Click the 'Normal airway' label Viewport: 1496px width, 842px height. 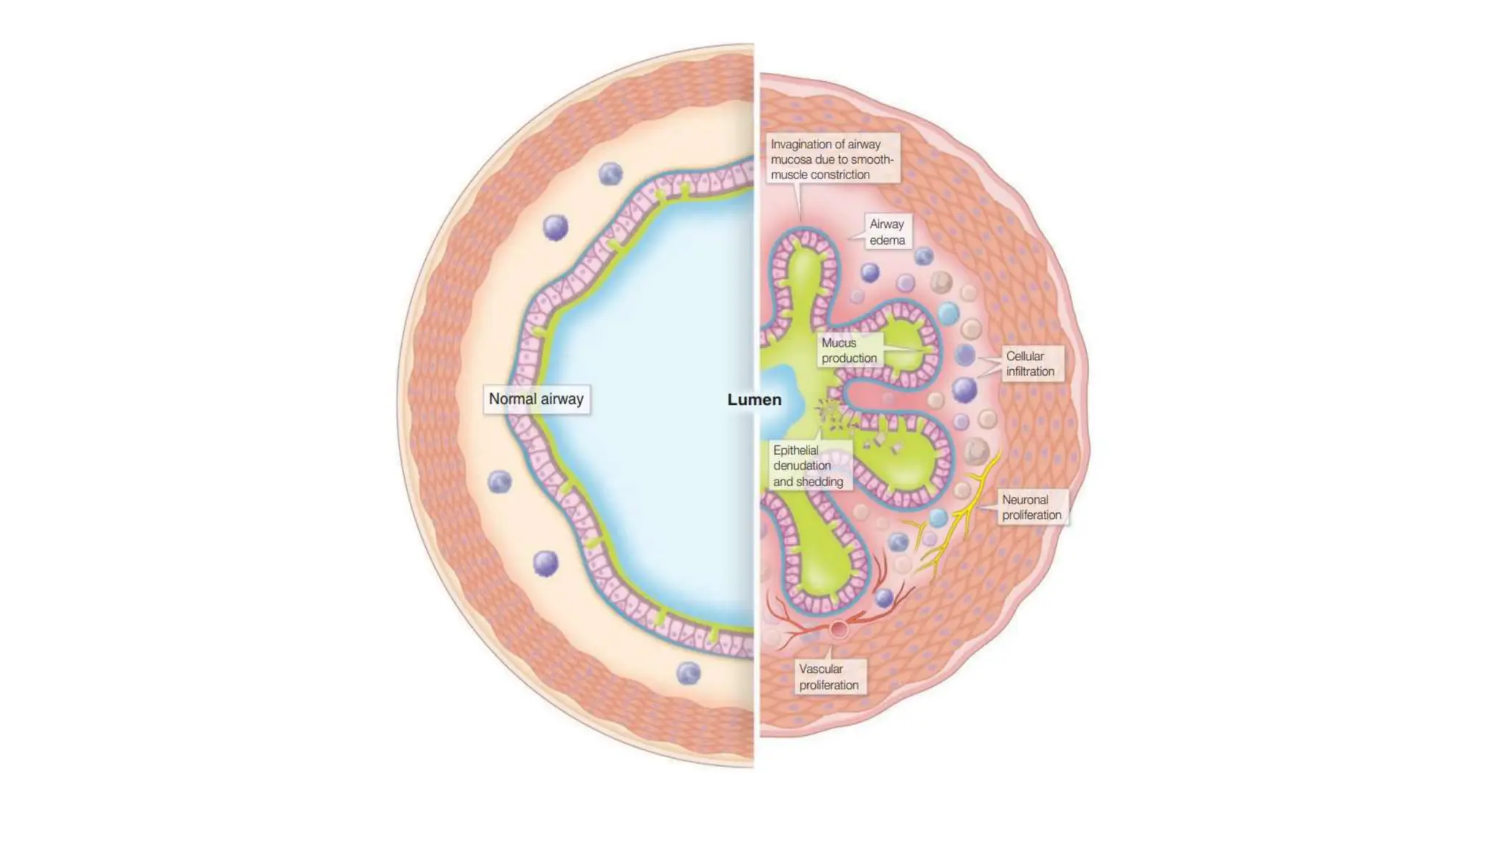click(x=536, y=399)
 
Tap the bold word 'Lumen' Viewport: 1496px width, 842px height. click(x=754, y=400)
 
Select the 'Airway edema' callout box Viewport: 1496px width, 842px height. click(x=887, y=232)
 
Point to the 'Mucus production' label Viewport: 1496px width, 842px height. click(x=849, y=350)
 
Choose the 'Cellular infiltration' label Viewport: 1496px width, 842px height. click(x=1030, y=363)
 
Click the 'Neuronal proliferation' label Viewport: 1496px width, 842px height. click(x=1031, y=507)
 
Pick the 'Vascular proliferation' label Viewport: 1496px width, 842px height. click(x=828, y=677)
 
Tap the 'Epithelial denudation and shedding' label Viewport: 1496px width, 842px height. click(x=808, y=466)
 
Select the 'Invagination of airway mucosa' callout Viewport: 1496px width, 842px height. click(x=831, y=159)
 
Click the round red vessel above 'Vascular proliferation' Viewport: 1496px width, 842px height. click(x=839, y=629)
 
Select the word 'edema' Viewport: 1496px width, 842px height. click(x=887, y=240)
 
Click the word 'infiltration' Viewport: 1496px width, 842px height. click(x=1030, y=371)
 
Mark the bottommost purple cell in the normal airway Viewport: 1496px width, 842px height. click(x=688, y=673)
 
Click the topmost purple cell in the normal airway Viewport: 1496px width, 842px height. click(x=611, y=174)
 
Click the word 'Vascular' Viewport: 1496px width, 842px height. click(x=820, y=669)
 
